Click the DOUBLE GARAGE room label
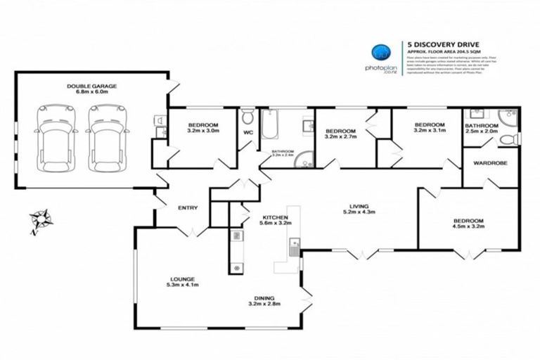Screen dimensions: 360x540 click(91, 86)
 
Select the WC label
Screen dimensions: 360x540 click(247, 131)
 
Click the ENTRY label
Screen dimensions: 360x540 click(188, 207)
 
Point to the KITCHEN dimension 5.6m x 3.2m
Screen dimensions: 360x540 click(271, 224)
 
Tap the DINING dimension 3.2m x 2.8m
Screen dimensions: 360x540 click(265, 304)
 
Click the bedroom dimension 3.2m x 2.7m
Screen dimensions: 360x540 click(340, 138)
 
